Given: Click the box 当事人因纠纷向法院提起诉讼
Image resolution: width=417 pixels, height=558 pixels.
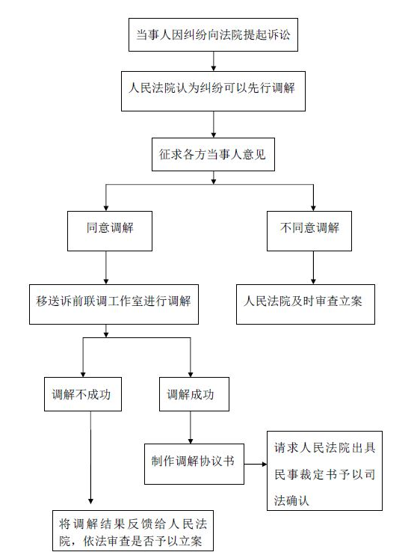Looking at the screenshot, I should tap(213, 34).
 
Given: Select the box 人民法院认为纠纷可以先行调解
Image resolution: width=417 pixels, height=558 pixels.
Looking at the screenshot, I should tap(213, 91).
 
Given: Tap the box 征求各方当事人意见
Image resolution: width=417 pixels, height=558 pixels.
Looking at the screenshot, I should tap(213, 156).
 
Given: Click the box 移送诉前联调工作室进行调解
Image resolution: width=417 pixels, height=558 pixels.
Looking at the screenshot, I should tap(114, 303).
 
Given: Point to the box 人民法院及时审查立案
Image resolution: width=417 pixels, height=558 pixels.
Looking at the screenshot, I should tap(306, 303).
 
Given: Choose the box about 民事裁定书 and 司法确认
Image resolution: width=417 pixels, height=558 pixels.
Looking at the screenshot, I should tap(324, 470).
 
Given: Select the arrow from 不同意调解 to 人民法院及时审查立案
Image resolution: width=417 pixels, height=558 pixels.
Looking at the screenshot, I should tap(313, 266).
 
